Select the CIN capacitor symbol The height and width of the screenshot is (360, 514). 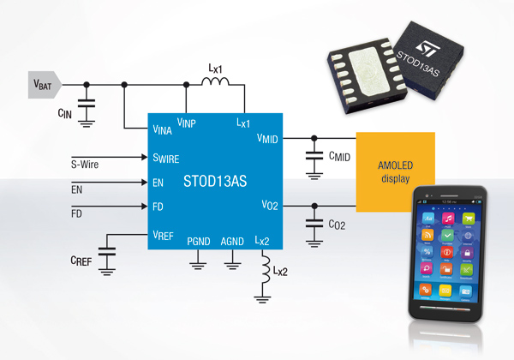86,106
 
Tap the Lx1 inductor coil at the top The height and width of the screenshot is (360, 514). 214,82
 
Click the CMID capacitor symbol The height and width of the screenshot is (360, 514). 314,156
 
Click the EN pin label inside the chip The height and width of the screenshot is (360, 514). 158,183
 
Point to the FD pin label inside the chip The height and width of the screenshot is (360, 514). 158,207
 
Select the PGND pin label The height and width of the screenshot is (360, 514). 199,242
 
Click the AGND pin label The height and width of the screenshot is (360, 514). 231,242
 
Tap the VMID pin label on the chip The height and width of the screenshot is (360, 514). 269,141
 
